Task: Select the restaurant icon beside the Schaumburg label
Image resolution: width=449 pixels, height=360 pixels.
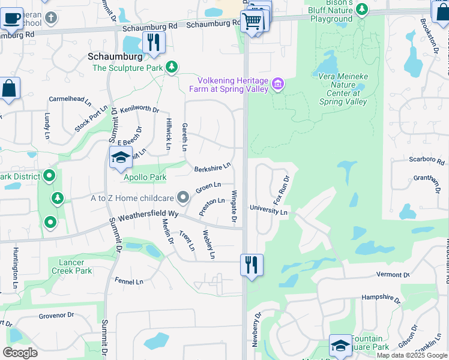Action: [x=154, y=43]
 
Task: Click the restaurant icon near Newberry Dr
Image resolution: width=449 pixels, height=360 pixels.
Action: [x=252, y=265]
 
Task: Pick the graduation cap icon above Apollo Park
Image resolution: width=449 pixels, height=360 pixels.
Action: [x=121, y=158]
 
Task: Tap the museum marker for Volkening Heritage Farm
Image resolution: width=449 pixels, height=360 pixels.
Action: [x=278, y=84]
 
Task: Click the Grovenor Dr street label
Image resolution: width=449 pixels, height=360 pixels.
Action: [x=56, y=314]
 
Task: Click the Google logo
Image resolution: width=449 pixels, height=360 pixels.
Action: [x=20, y=352]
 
